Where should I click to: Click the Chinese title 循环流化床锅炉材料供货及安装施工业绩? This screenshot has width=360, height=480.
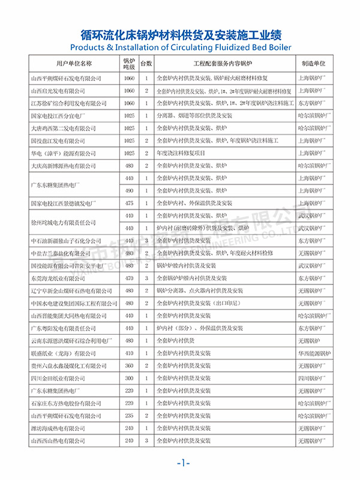click(180, 34)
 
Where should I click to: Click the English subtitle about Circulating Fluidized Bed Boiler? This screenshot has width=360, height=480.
click(180, 47)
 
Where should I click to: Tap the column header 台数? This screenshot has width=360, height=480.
click(146, 63)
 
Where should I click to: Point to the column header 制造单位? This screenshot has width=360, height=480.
click(313, 63)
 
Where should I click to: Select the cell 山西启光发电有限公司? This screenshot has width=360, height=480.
click(62, 91)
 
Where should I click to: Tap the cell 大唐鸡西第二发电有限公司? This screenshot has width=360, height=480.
click(65, 128)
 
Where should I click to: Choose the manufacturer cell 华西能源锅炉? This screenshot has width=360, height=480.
click(313, 353)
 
